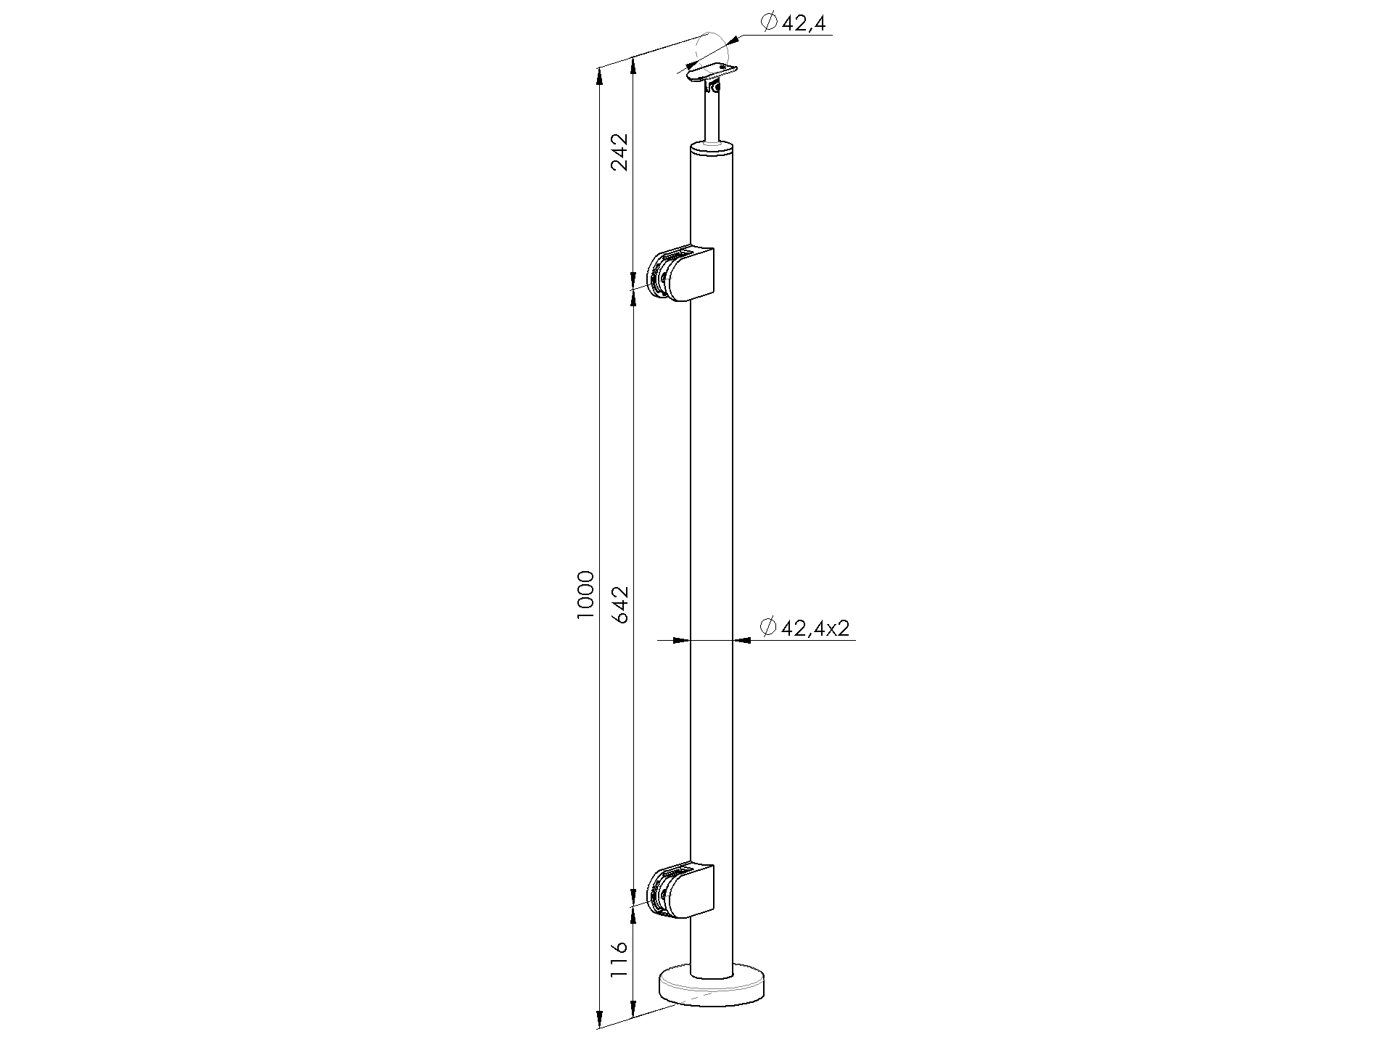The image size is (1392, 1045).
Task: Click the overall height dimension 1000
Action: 586,594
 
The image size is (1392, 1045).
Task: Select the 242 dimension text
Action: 620,151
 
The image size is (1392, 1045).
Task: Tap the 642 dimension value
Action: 620,603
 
